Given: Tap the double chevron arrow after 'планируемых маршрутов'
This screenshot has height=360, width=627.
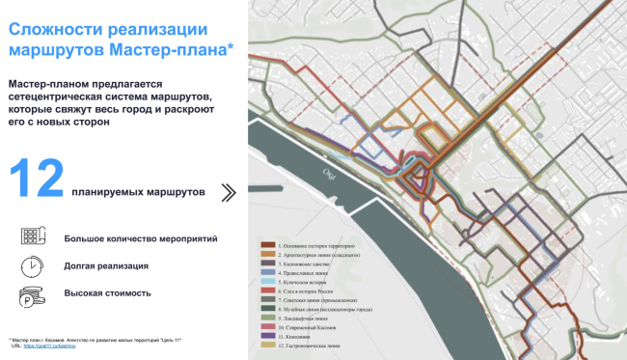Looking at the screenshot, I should point(229,192).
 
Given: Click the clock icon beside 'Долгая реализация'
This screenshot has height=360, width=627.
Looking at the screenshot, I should point(31,264).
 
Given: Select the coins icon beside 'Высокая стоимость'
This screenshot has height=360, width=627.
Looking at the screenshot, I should point(31,293).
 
